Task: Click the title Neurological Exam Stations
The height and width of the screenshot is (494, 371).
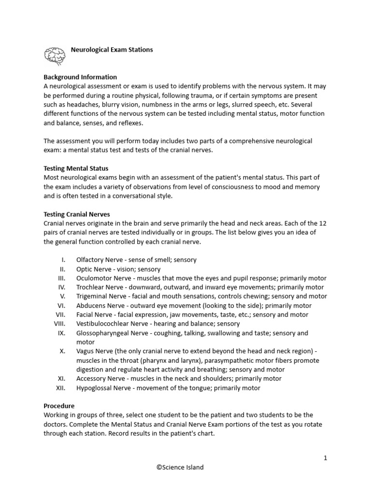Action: click(x=112, y=50)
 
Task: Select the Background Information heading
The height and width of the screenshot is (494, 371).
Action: click(x=80, y=77)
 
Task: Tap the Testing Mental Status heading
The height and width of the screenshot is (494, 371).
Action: click(x=76, y=168)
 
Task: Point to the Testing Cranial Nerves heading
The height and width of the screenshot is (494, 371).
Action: click(x=77, y=214)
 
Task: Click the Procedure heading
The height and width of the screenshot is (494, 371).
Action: click(x=59, y=406)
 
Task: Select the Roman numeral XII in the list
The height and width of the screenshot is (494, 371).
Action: click(x=60, y=388)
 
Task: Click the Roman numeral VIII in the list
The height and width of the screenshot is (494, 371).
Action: click(x=59, y=324)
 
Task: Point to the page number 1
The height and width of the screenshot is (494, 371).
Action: click(x=326, y=458)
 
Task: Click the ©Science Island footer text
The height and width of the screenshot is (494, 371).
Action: click(x=180, y=467)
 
